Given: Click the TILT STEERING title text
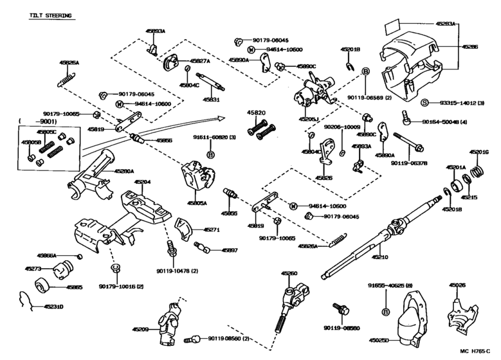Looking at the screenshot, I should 50,14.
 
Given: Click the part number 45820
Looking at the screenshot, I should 256,113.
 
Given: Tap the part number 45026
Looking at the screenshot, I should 457,285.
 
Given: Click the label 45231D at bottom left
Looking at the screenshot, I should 53,307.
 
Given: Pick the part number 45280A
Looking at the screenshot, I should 124,171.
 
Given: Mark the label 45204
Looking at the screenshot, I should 142,182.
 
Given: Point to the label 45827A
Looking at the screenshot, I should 199,60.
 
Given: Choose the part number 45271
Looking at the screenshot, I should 212,229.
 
